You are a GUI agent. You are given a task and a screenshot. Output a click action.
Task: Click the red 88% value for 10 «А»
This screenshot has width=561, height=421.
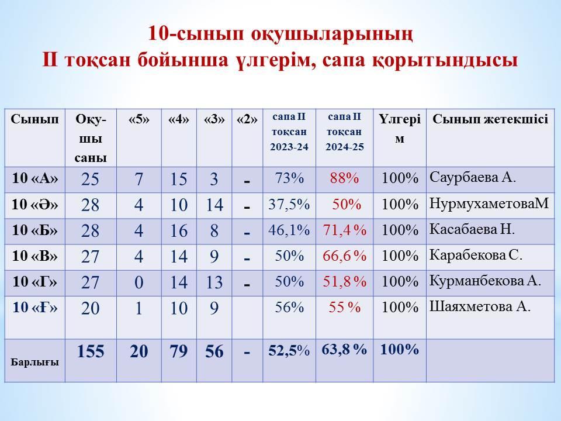pyautogui.click(x=344, y=178)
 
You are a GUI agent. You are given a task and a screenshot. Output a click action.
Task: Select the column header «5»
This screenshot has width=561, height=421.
pyautogui.click(x=139, y=119)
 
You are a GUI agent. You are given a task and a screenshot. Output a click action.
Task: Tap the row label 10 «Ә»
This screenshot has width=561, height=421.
pyautogui.click(x=34, y=205)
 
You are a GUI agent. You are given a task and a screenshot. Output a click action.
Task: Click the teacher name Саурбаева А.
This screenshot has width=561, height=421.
pyautogui.click(x=473, y=177)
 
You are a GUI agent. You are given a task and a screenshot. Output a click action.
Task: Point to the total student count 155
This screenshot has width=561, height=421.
pyautogui.click(x=91, y=351)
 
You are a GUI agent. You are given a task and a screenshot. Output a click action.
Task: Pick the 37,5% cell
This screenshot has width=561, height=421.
pyautogui.click(x=289, y=205)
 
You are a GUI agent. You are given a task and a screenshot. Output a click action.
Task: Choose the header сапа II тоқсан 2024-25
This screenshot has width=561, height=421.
pyautogui.click(x=345, y=132)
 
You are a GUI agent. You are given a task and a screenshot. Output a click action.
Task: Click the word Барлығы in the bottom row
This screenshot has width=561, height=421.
pyautogui.click(x=34, y=363)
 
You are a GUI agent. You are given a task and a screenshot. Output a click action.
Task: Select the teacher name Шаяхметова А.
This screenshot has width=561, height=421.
pyautogui.click(x=480, y=307)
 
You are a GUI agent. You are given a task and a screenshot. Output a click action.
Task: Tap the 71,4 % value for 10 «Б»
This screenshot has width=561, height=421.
pyautogui.click(x=345, y=230)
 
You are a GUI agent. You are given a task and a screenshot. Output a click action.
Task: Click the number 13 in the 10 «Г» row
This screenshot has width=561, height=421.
pyautogui.click(x=214, y=282)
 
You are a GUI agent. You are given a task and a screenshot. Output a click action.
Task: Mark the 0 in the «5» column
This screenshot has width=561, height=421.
pyautogui.click(x=139, y=282)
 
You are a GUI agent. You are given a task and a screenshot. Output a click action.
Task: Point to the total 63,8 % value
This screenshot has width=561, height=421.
pyautogui.click(x=344, y=350)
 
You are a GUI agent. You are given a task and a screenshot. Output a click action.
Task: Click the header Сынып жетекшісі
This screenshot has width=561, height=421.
pyautogui.click(x=490, y=119)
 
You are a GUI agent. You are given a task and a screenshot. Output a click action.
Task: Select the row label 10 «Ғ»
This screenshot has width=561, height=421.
pyautogui.click(x=34, y=308)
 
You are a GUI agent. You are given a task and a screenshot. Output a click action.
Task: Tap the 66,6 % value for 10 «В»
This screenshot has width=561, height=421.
pyautogui.click(x=345, y=256)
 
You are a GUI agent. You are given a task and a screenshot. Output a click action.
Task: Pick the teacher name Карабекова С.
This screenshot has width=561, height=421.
pyautogui.click(x=476, y=255)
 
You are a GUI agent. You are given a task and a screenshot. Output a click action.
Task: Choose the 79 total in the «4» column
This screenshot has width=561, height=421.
pyautogui.click(x=179, y=351)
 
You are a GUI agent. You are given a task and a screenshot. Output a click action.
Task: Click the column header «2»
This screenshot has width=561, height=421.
pyautogui.click(x=247, y=119)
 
